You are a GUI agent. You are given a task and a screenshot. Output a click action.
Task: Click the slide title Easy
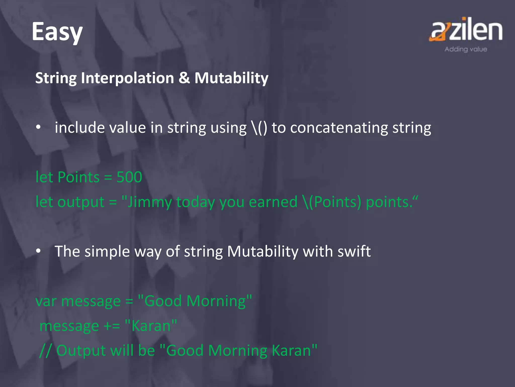(57, 32)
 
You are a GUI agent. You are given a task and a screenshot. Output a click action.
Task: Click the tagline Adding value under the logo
(466, 49)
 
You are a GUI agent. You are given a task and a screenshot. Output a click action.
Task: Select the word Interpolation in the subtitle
(127, 78)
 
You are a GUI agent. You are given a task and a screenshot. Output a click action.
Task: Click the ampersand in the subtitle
(184, 78)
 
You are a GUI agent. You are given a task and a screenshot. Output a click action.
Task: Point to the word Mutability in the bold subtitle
(231, 78)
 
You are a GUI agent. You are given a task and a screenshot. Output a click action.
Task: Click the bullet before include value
(38, 127)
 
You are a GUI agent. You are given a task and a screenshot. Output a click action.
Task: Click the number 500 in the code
(129, 177)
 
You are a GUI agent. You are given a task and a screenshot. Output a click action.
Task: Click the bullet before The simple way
(38, 251)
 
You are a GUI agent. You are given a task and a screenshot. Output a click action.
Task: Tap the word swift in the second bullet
(354, 251)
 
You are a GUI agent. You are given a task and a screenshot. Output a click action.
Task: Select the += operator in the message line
(112, 326)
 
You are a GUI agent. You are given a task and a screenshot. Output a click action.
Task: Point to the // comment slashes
(46, 350)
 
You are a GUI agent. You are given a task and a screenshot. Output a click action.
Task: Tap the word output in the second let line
(81, 202)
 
